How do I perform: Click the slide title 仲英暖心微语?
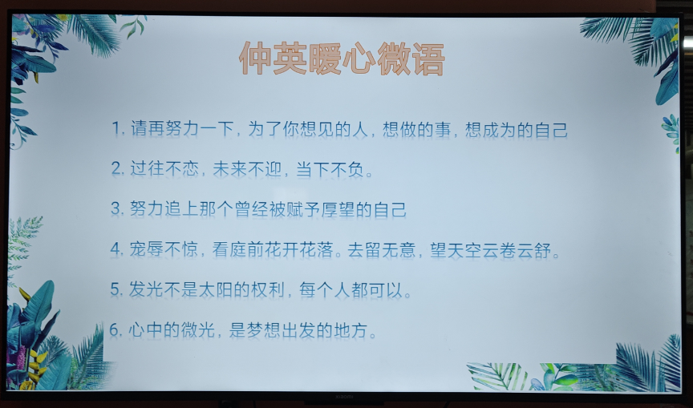point(342,59)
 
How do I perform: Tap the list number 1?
point(116,129)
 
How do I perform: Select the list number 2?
point(116,168)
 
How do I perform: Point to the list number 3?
point(116,208)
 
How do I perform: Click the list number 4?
point(115,249)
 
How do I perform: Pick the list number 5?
point(115,289)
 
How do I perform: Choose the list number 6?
point(115,329)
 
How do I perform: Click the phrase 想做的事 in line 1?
point(417,129)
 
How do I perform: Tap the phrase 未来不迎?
point(247,169)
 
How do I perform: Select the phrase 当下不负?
point(330,169)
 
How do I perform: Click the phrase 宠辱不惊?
point(164,249)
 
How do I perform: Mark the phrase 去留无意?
point(382,250)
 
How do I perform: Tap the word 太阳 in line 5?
point(215,289)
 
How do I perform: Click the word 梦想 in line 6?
point(263,330)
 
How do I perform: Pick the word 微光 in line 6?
point(197,330)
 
